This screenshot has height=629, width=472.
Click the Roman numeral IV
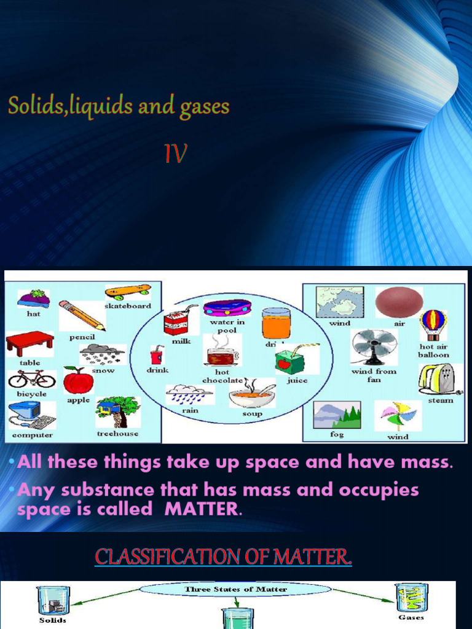click(176, 153)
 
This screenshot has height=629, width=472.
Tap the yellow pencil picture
click(82, 314)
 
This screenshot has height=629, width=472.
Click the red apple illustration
click(78, 381)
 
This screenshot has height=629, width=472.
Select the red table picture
click(29, 343)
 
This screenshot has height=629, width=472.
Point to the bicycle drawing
click(31, 378)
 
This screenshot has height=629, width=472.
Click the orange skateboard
click(128, 291)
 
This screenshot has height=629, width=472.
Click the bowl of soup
click(252, 394)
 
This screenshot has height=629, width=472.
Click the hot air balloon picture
click(433, 324)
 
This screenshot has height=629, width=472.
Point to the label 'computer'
click(33, 435)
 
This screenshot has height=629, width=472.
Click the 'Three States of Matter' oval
click(236, 590)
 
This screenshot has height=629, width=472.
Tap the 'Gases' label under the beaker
click(411, 617)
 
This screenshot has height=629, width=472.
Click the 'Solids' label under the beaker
click(52, 620)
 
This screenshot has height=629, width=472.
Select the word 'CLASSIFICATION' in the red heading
click(158, 557)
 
